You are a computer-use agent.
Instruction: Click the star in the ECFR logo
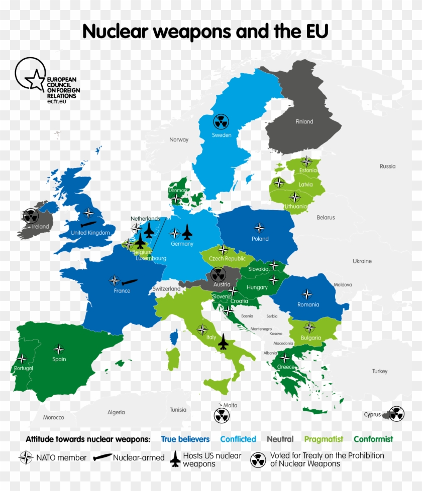35,80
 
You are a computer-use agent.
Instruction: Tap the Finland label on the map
304,121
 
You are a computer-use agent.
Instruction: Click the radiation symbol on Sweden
221,121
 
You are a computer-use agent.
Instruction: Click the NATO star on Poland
259,227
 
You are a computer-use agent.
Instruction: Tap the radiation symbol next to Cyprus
396,413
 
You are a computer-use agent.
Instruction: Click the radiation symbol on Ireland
31,216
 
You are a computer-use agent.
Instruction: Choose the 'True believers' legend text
185,439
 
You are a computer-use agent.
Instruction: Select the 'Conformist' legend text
373,439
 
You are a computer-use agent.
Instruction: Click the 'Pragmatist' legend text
324,439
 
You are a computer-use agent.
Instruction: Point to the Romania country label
308,304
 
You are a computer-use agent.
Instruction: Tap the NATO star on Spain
59,349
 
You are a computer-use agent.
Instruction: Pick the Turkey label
380,371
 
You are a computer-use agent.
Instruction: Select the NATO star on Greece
284,358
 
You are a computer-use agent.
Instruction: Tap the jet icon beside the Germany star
187,232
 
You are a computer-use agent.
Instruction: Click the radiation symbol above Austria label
218,274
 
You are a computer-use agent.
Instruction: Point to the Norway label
179,139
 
